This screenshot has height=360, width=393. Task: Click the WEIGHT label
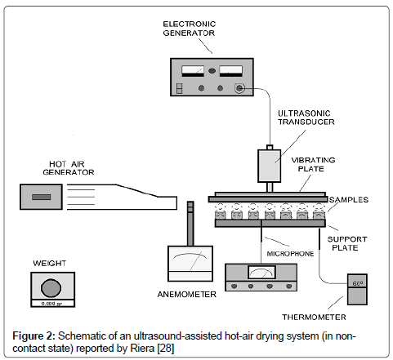(50, 264)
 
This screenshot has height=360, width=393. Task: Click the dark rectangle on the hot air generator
(42, 197)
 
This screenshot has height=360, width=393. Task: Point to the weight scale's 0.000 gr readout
(51, 303)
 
